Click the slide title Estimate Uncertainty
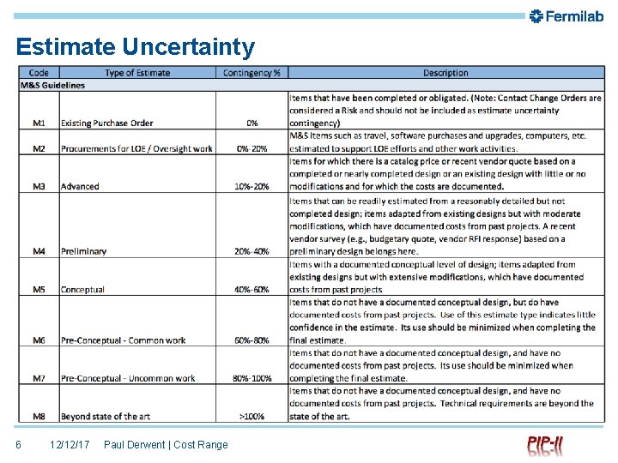(x=135, y=46)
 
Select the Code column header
(x=39, y=73)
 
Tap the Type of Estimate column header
(x=137, y=73)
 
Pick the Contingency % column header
(x=251, y=73)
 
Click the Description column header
(x=445, y=73)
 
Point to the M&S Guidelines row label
(x=52, y=85)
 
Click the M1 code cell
(x=39, y=123)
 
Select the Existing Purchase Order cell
(x=106, y=123)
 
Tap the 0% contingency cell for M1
(x=251, y=123)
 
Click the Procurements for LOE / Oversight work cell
(x=136, y=148)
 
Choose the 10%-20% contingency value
(x=251, y=186)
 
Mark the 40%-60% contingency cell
(x=251, y=290)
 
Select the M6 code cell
(x=39, y=340)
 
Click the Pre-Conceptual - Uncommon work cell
(x=128, y=378)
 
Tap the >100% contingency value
(x=251, y=417)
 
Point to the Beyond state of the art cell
(x=106, y=417)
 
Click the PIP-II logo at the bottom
(x=546, y=445)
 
